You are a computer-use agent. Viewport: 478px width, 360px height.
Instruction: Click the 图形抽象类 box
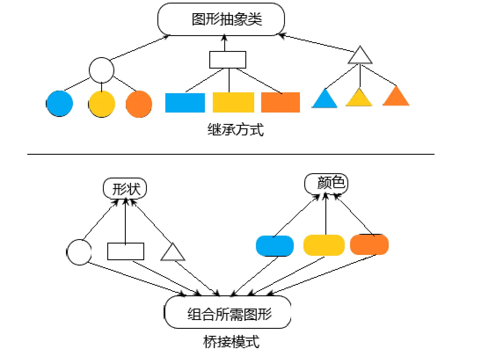(x=221, y=19)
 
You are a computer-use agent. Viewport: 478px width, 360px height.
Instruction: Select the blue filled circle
(x=59, y=103)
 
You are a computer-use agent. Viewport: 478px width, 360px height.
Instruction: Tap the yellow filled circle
(x=102, y=104)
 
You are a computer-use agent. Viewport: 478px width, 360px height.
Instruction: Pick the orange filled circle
(x=139, y=104)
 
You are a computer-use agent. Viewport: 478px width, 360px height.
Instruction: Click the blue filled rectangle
(x=185, y=103)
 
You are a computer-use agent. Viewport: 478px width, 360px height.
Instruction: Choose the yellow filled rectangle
(x=233, y=102)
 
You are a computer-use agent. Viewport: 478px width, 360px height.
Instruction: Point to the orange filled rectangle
(x=281, y=102)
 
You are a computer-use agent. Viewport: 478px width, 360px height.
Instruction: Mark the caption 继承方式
(x=235, y=130)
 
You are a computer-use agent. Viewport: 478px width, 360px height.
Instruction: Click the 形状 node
(x=125, y=189)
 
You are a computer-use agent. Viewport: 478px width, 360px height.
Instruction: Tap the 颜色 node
(x=326, y=183)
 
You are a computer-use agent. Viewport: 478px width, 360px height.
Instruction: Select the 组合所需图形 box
(x=227, y=312)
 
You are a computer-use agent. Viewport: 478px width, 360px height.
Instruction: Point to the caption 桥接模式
(x=231, y=342)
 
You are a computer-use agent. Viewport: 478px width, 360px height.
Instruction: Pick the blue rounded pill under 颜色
(x=275, y=246)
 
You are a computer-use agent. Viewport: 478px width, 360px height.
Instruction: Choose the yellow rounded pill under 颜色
(x=324, y=245)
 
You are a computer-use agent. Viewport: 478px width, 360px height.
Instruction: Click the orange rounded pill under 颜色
(x=369, y=244)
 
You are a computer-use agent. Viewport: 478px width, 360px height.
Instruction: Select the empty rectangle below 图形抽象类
(x=228, y=60)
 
